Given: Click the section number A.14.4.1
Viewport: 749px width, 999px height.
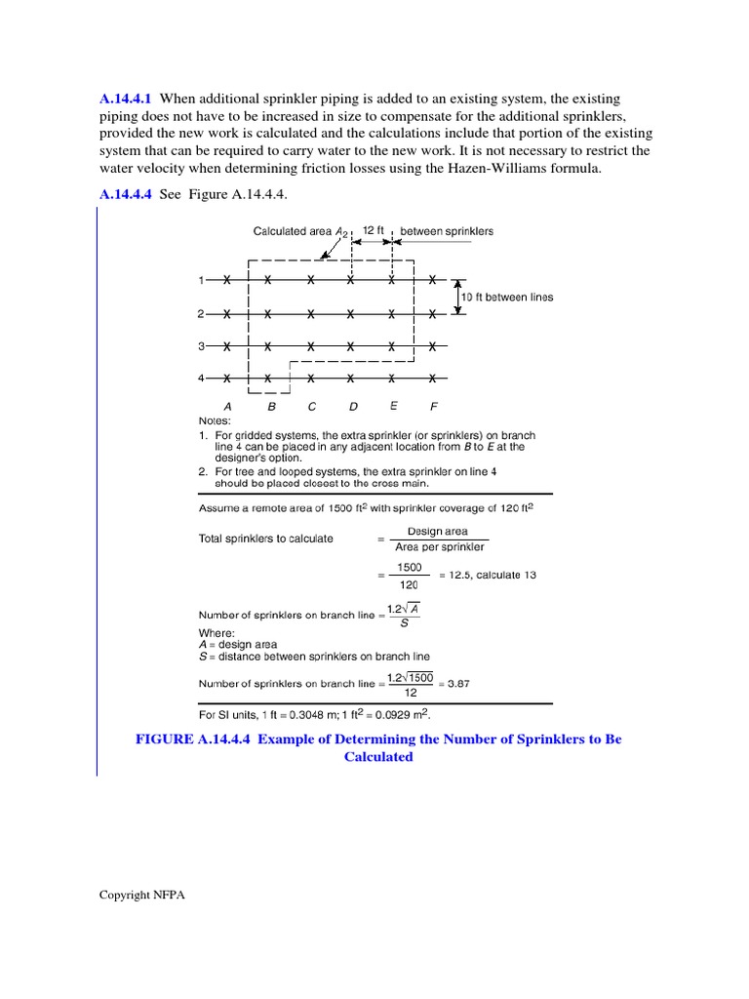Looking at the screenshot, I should point(127,99).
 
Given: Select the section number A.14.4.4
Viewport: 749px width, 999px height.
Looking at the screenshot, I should point(127,194).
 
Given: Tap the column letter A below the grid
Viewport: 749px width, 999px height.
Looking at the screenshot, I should point(227,406).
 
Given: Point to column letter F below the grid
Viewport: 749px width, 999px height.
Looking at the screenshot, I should point(434,406).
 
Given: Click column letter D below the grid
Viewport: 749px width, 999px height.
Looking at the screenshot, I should point(352,406).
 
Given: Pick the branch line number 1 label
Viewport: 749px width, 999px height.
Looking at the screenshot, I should point(201,281).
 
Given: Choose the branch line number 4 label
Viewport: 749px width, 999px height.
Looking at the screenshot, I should point(201,378).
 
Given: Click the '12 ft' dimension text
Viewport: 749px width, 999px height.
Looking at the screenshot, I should point(373,231).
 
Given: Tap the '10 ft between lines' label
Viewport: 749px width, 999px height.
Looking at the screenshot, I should point(513,297).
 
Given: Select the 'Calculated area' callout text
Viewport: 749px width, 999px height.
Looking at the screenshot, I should point(294,231).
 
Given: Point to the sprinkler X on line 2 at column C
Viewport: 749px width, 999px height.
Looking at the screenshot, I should point(310,314).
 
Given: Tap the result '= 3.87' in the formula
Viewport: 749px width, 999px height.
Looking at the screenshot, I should point(453,683).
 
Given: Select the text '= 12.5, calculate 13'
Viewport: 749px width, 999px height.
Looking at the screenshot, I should point(487,575).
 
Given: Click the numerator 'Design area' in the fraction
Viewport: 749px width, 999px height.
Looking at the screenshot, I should point(437,532).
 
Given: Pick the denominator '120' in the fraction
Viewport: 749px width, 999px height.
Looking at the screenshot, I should point(408,583).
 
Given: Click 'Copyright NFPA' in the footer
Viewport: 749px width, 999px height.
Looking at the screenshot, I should point(141,895).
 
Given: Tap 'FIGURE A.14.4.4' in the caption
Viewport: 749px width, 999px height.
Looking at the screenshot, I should point(193,739).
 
